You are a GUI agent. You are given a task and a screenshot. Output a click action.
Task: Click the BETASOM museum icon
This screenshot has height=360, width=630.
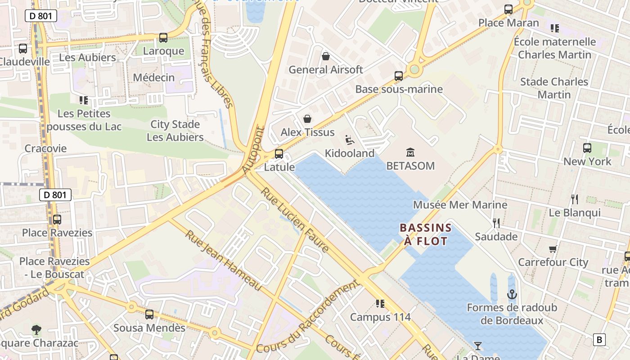coord(410,152)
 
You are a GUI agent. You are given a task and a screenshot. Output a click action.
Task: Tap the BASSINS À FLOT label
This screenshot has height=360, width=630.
coord(425,234)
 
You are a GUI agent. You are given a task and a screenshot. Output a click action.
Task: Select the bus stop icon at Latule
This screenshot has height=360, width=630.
coord(279,153)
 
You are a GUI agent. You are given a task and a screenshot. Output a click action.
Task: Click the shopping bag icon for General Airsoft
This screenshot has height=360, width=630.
coord(325,56)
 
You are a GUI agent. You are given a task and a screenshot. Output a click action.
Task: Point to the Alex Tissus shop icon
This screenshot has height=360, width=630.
coord(307,119)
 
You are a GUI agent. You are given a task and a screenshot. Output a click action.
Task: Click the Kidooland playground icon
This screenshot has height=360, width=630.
coord(350,140)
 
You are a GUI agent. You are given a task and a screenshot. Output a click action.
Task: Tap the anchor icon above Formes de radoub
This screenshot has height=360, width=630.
coord(512,294)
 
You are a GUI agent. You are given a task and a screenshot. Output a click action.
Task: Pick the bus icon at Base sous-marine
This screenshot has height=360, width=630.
coord(399,76)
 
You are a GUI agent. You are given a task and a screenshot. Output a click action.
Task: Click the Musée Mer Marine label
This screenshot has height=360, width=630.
coord(460,205)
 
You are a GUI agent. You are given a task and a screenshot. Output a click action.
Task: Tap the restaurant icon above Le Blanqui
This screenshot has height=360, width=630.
coord(574,199)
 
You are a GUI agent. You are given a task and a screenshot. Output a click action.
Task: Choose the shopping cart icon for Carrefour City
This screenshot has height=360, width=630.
coord(553,249)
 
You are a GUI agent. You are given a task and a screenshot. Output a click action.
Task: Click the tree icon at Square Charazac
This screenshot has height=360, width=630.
coord(36,330)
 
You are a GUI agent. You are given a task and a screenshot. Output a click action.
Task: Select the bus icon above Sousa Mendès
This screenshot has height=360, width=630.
coord(149,314)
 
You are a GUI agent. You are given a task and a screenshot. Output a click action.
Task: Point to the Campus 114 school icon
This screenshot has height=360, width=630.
coord(380,304)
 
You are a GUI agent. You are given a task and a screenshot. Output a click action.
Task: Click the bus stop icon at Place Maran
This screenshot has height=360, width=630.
coord(508,9)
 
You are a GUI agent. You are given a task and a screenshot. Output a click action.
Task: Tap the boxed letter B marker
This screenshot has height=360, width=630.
coord(599,339)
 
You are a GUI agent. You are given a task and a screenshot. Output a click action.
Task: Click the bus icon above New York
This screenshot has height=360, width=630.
coord(587,148)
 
